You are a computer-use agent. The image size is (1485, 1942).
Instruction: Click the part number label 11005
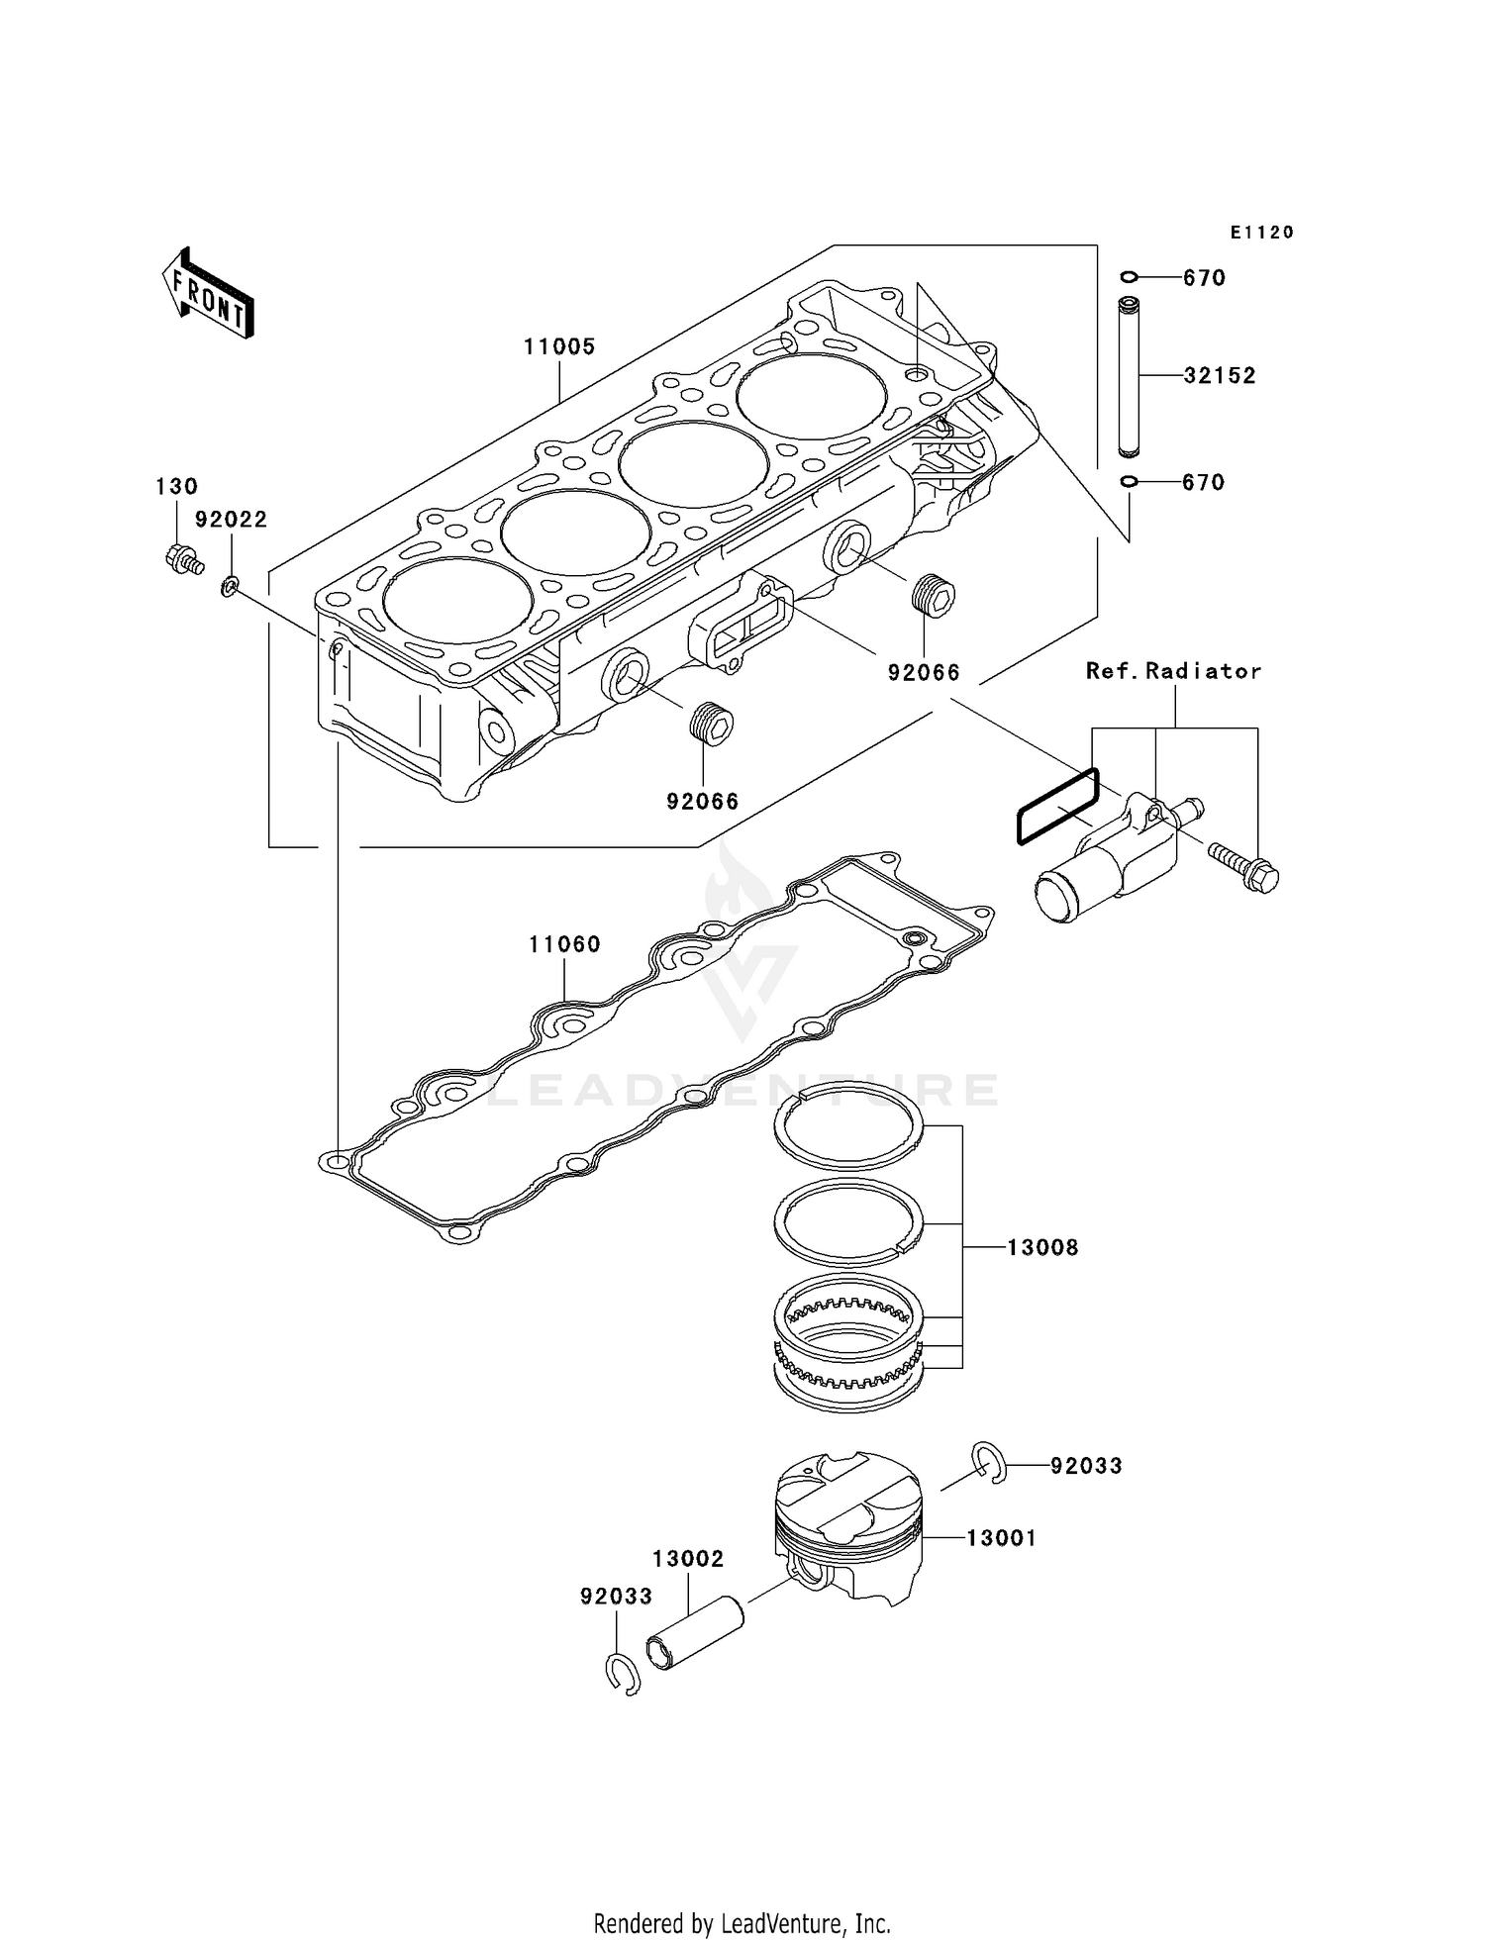559,347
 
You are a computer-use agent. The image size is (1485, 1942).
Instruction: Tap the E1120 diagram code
1262,233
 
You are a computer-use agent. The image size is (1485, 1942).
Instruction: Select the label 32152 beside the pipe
1220,376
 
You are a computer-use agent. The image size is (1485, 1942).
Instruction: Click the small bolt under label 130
183,559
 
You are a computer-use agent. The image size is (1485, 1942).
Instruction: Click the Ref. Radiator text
1173,671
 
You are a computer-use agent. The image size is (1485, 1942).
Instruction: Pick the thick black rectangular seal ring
1057,807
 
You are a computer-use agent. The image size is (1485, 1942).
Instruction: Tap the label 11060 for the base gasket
564,944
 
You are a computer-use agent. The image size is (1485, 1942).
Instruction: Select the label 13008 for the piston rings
1042,1247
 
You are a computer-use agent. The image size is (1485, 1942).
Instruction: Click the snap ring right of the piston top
989,1464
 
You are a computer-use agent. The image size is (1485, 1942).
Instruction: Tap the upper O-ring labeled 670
1130,276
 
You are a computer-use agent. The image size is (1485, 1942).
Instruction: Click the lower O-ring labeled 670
1130,482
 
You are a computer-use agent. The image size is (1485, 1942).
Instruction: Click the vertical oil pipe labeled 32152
1130,376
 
